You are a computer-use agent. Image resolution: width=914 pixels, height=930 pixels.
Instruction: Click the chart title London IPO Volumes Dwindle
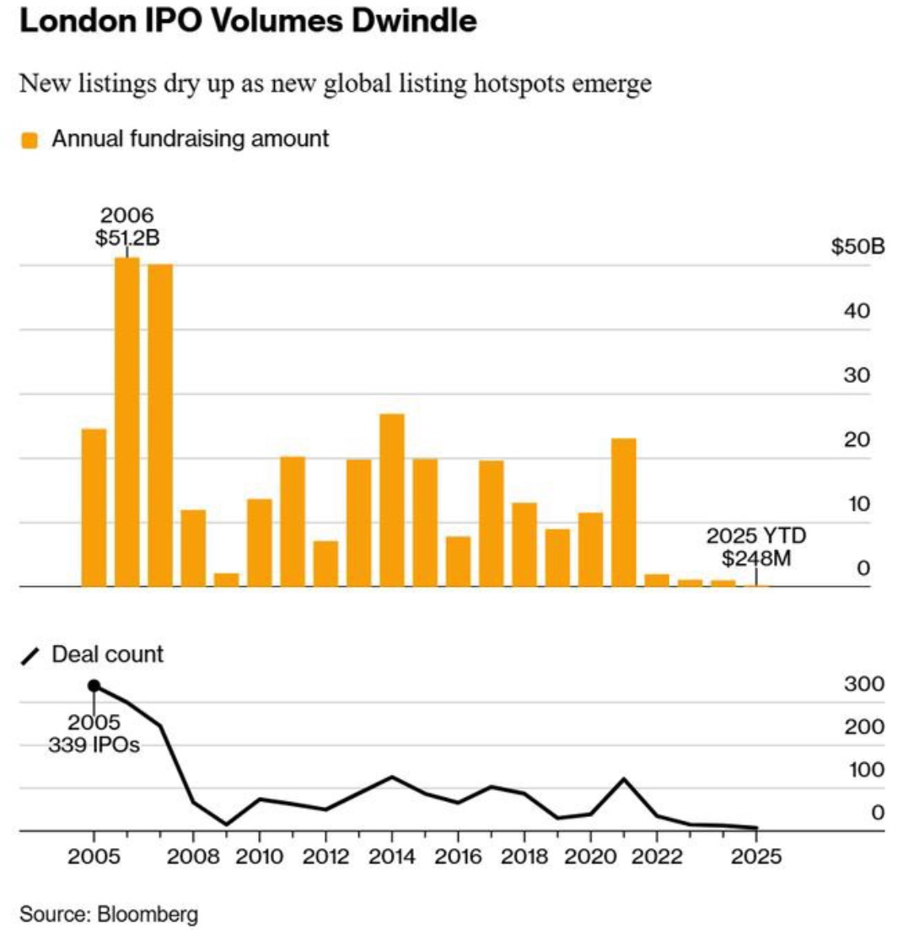pyautogui.click(x=247, y=23)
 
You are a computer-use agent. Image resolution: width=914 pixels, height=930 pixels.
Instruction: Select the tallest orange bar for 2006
pyautogui.click(x=127, y=422)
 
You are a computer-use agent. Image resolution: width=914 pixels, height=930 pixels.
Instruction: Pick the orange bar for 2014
pyautogui.click(x=392, y=500)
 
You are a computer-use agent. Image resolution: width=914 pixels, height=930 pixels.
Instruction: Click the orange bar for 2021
pyautogui.click(x=623, y=513)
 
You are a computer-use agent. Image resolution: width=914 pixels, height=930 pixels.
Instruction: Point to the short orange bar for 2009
pyautogui.click(x=226, y=580)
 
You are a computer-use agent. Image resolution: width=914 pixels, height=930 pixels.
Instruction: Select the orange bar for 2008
pyautogui.click(x=193, y=548)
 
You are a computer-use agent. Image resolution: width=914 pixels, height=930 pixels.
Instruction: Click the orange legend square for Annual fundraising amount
pyautogui.click(x=30, y=140)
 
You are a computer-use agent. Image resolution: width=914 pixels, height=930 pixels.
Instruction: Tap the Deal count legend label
pyautogui.click(x=107, y=654)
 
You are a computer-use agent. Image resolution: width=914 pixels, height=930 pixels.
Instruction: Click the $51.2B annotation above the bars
pyautogui.click(x=127, y=239)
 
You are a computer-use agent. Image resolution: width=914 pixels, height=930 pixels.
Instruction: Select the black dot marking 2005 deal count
pyautogui.click(x=94, y=686)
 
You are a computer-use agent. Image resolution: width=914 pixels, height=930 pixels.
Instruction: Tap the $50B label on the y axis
pyautogui.click(x=858, y=248)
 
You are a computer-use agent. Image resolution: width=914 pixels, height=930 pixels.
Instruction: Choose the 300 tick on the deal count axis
pyautogui.click(x=865, y=684)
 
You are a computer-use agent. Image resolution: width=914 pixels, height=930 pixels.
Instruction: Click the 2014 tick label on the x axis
pyautogui.click(x=392, y=857)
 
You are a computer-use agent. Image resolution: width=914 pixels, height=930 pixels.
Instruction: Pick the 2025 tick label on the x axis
pyautogui.click(x=756, y=857)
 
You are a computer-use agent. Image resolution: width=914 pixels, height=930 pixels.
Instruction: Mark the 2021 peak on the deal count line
pyautogui.click(x=624, y=779)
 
